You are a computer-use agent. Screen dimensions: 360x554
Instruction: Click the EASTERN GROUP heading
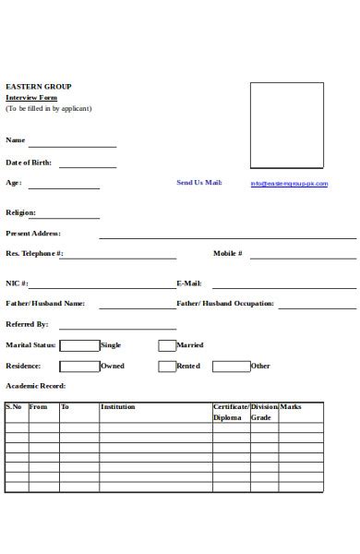38,87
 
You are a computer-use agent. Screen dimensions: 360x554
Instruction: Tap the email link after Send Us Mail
289,184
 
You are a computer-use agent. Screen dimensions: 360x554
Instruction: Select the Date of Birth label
29,163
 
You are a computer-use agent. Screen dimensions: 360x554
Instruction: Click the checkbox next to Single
79,345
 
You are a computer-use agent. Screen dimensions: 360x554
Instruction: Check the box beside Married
166,345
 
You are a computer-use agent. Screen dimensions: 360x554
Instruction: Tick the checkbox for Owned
79,366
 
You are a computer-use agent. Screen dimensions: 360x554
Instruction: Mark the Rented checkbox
166,366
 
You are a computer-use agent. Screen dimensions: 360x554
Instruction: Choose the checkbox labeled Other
231,366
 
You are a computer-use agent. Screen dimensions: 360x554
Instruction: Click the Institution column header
117,406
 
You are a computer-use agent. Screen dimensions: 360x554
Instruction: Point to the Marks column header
291,406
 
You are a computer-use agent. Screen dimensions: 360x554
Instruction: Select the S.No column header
15,406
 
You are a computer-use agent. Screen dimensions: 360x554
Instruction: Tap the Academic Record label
36,386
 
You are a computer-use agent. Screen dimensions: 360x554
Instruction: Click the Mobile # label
227,253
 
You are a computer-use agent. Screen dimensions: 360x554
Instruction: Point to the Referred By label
27,324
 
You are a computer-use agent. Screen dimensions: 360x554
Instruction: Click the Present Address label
33,234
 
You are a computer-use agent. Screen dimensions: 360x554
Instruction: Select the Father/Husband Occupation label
225,303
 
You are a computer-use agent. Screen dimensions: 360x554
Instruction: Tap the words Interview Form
31,97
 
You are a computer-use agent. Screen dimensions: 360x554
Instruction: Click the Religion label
20,212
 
